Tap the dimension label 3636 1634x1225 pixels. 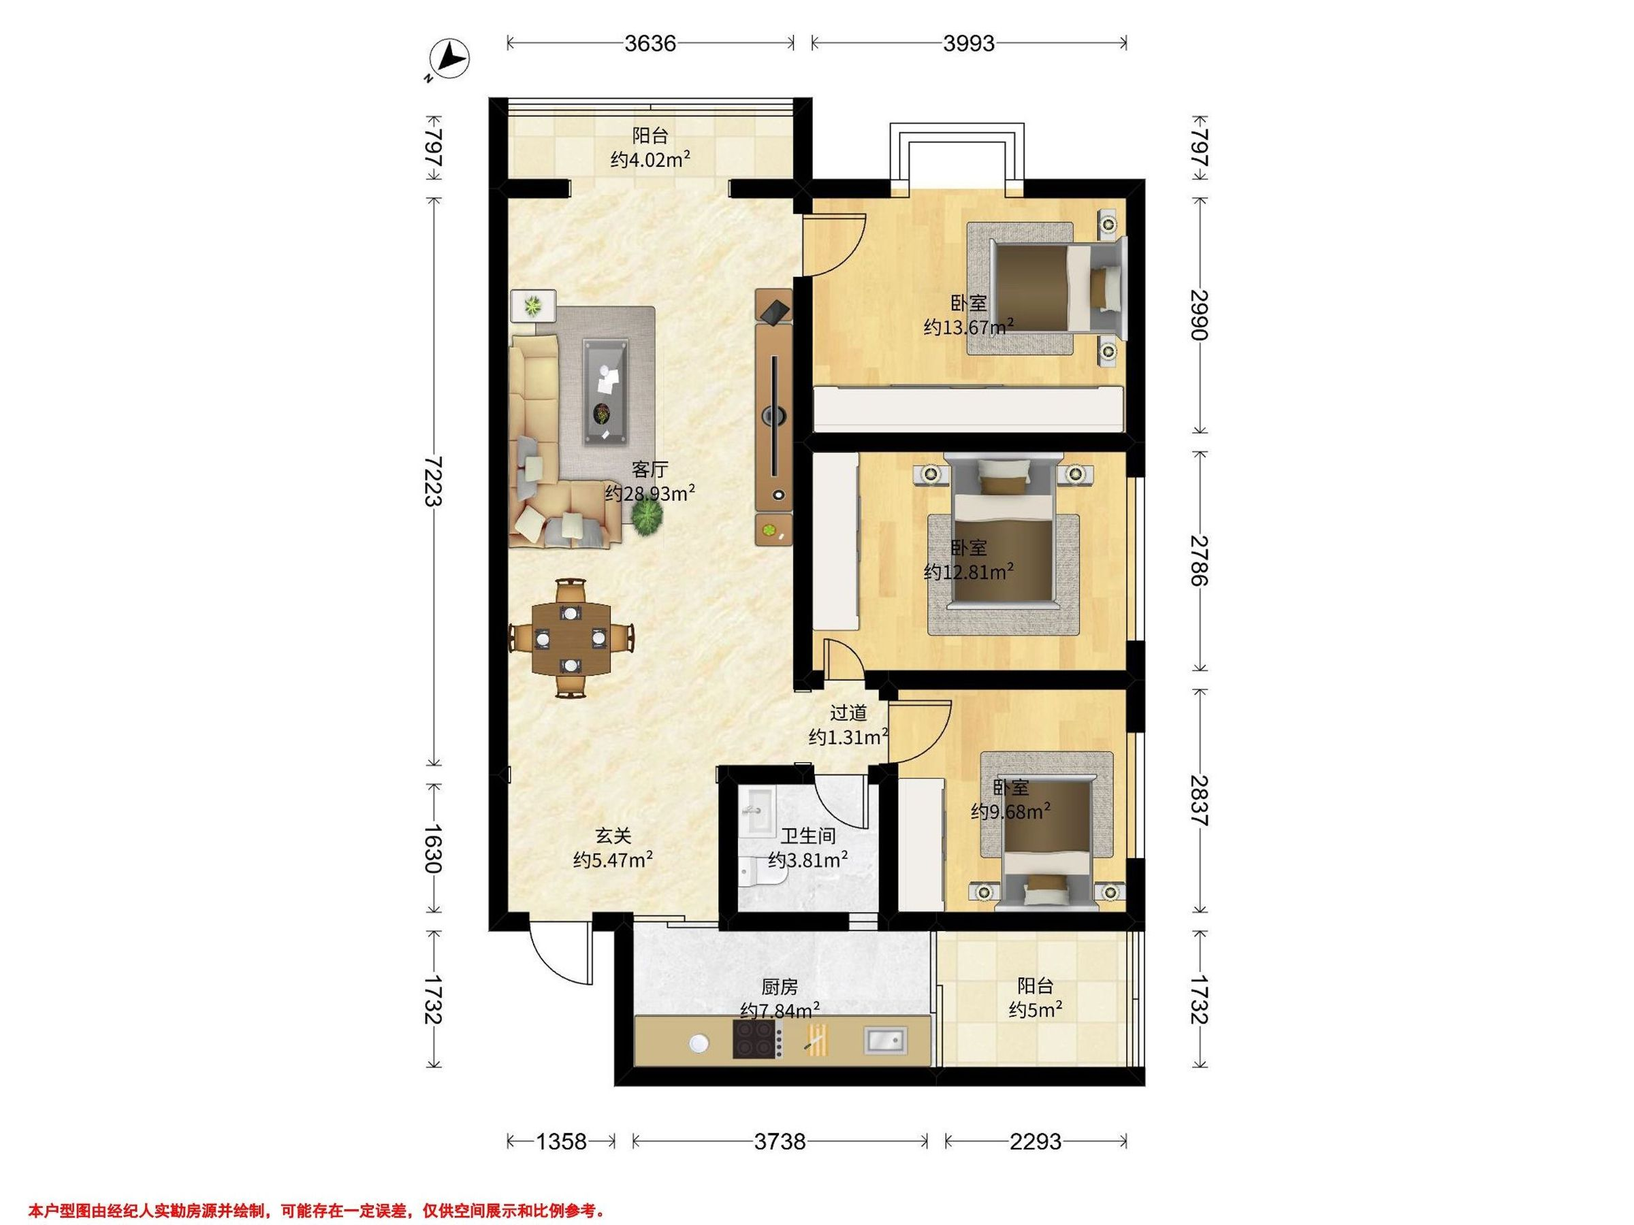(x=650, y=44)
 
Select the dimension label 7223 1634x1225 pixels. (x=434, y=480)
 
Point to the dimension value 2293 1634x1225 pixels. (x=1036, y=1141)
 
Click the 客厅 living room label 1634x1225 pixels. (x=650, y=469)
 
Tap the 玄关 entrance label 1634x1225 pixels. (x=614, y=836)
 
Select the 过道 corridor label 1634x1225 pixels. (x=848, y=713)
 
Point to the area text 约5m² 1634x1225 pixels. (x=1036, y=1009)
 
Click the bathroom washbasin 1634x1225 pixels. (x=755, y=810)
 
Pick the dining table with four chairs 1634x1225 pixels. (x=572, y=638)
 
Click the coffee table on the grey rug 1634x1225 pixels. (x=606, y=392)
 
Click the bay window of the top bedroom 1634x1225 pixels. (x=957, y=157)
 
